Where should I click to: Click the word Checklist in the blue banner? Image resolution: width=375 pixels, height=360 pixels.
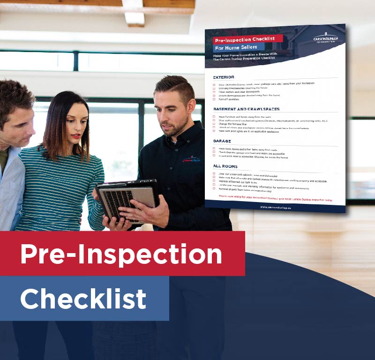point(83,299)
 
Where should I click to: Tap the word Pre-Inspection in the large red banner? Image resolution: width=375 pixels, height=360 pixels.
point(121,254)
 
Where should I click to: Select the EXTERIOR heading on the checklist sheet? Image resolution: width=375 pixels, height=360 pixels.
point(224,77)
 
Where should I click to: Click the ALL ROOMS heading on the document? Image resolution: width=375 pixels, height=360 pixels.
point(225,166)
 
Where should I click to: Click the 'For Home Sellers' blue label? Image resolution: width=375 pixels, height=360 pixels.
point(239,48)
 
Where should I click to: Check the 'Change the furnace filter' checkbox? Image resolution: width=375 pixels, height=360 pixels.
point(214,124)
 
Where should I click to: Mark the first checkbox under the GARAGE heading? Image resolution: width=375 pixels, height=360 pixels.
point(214,148)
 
